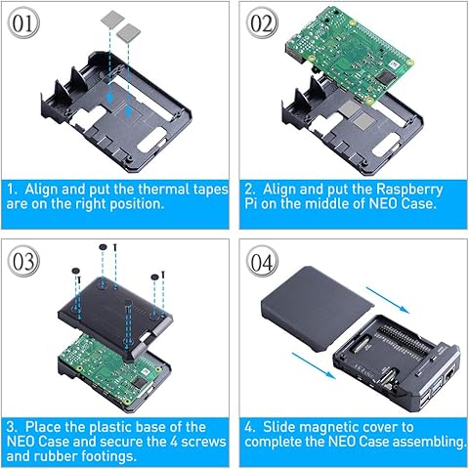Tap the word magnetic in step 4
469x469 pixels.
point(347,426)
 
